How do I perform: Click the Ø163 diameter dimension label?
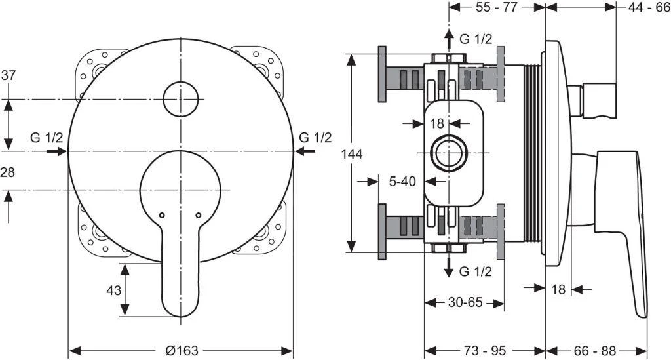tap(182, 350)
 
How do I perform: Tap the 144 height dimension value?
tap(351, 153)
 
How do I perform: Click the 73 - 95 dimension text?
tap(484, 350)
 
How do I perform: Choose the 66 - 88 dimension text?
tap(596, 350)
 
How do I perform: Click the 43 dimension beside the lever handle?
tap(114, 290)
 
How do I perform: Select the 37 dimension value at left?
tap(9, 75)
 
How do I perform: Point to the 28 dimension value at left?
tap(9, 172)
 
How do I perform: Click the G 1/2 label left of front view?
tap(47, 138)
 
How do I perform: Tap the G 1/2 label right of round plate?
tap(315, 138)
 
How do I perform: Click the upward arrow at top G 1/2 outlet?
tap(448, 39)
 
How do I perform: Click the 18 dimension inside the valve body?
tap(437, 123)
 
